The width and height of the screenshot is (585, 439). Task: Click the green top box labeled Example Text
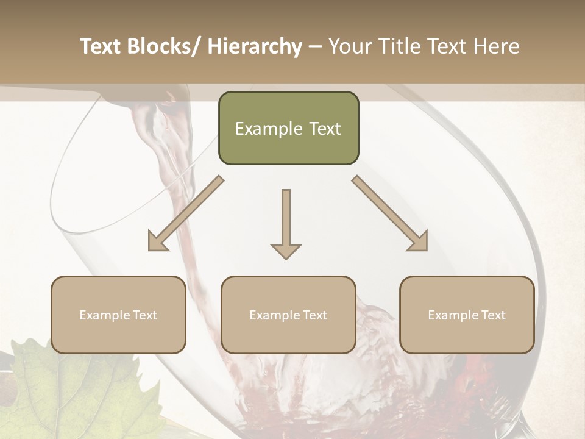[x=288, y=128]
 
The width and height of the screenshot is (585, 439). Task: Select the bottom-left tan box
[x=118, y=315]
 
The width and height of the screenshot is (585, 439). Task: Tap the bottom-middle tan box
[x=288, y=315]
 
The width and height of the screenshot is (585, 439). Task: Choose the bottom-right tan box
[x=467, y=315]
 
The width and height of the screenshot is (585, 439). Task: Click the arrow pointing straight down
[x=286, y=223]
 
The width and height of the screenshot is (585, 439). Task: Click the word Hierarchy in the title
[x=255, y=46]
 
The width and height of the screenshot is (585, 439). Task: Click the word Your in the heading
[x=349, y=46]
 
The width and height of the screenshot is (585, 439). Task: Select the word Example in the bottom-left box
[x=104, y=315]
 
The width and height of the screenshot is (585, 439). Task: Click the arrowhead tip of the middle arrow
[x=286, y=258]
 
